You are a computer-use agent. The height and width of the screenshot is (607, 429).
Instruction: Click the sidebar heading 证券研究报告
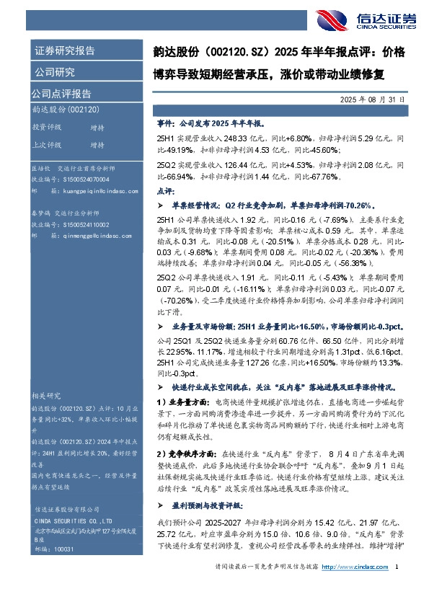[64, 51]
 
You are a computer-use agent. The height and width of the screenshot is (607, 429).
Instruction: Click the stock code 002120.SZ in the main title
[232, 53]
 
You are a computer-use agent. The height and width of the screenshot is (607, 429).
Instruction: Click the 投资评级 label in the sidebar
[47, 127]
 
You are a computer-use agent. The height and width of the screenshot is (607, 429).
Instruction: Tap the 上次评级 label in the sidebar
[47, 144]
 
